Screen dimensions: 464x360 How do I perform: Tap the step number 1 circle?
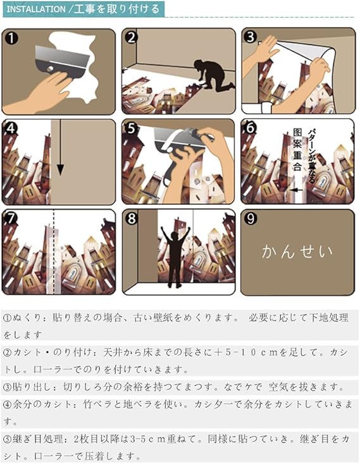(11, 37)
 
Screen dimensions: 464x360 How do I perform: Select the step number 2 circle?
(131, 37)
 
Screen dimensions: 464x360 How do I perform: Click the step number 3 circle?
(251, 37)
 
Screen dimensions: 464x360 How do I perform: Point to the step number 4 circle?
(11, 128)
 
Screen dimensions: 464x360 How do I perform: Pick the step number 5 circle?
(131, 128)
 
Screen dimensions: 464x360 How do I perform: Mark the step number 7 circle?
(11, 219)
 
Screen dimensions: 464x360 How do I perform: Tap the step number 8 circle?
(131, 219)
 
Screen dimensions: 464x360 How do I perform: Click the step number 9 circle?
(251, 219)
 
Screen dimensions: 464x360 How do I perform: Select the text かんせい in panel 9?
(297, 252)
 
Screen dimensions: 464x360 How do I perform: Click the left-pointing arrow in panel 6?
(295, 188)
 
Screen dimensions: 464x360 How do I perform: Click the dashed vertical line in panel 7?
(54, 253)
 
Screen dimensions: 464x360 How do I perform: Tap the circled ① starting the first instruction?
(7, 319)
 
